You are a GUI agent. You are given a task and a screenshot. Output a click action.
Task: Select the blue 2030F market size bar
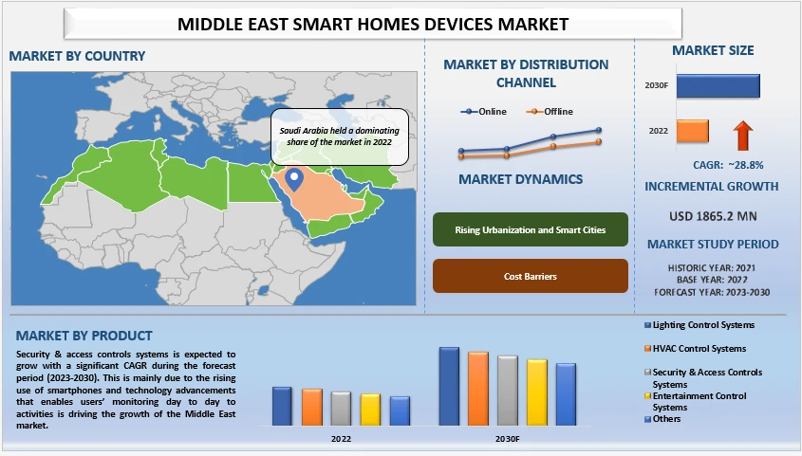pos(718,85)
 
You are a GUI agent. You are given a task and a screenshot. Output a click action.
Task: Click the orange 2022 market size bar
pos(692,131)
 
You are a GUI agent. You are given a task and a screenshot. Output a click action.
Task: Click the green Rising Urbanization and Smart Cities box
pos(531,228)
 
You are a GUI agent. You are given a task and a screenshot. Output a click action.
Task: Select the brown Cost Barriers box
pos(531,276)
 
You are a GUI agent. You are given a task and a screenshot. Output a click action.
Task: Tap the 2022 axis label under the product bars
pos(341,439)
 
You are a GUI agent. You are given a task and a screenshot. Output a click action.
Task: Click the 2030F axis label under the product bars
pos(507,439)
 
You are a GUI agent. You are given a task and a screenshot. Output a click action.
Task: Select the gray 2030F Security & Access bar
pos(507,391)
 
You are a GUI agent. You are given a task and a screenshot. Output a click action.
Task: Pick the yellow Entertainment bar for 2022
pos(370,410)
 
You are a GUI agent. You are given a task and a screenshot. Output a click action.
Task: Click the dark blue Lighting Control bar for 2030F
pos(449,386)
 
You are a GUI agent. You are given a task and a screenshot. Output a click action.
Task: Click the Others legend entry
pos(665,418)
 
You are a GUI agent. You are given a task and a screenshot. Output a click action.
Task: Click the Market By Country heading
pos(78,56)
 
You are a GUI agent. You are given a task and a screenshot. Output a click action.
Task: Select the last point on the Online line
pos(599,131)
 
